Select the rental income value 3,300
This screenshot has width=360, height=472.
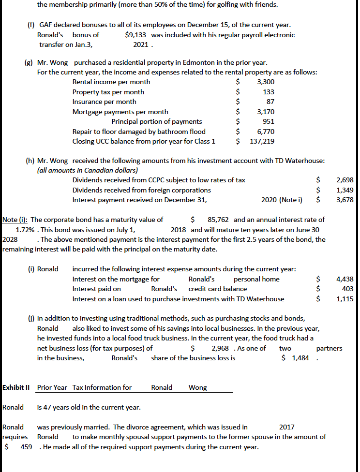pos(266,82)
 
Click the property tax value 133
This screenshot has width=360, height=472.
pos(269,92)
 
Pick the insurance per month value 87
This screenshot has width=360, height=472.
pos(270,102)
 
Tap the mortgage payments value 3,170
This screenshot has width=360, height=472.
pos(266,112)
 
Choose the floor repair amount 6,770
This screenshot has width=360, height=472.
pos(266,132)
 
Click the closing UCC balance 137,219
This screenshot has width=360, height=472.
pos(262,141)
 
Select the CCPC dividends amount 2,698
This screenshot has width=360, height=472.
pos(345,180)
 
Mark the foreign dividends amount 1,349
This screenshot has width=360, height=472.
pos(345,190)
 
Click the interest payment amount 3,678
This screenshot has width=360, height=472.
pos(345,200)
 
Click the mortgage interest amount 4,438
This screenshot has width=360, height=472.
pos(345,279)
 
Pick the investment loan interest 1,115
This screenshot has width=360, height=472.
pos(345,299)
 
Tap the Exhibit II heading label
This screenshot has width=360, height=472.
pos(16,387)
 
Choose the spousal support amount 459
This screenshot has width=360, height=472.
pos(26,446)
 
